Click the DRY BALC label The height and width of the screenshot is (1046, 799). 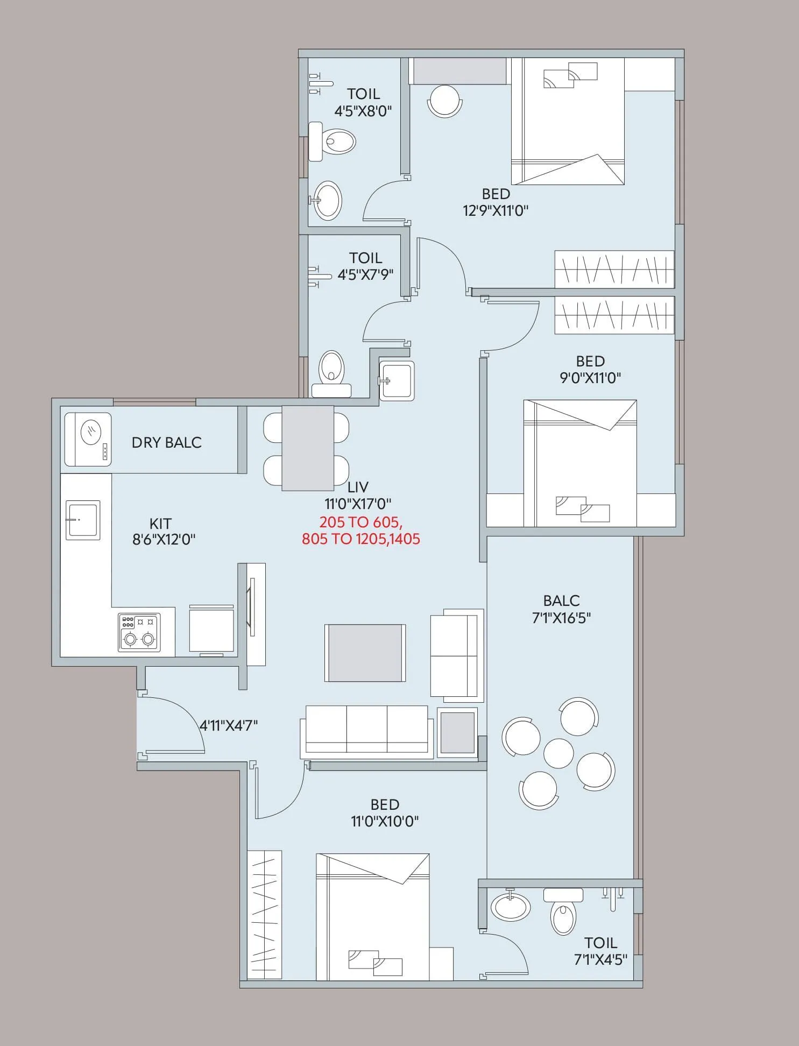coord(166,442)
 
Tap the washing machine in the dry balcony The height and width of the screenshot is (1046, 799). coord(88,439)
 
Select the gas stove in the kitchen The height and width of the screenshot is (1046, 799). coord(139,632)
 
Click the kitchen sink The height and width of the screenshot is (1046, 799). coord(83,520)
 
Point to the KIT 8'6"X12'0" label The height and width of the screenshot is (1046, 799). coord(163,531)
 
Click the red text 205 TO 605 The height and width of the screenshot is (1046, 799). coord(360,522)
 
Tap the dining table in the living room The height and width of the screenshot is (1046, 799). coord(307,448)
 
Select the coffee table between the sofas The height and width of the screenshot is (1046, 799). coord(365,653)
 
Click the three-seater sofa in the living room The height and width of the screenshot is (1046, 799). coord(367,731)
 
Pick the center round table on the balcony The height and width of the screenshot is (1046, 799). coord(558,753)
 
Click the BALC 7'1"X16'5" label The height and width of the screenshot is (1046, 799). coord(561,609)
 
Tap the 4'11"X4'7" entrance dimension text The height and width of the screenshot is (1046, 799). coord(229,726)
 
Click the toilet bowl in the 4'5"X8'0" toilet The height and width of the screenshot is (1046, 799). coord(335,142)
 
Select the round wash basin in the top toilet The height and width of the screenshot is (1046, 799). coord(327,200)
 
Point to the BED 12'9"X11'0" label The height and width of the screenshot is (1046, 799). coord(496,202)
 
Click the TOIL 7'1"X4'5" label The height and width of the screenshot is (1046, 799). coord(600,951)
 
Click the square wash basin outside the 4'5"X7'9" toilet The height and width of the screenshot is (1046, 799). coord(397,381)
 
